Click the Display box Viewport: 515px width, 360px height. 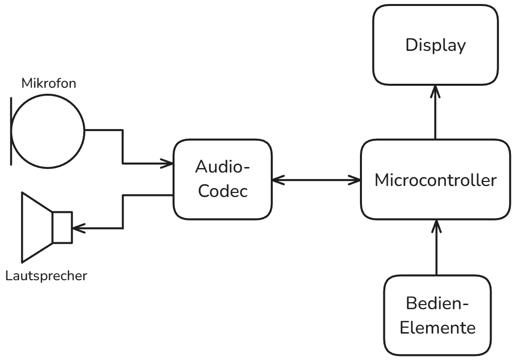435,45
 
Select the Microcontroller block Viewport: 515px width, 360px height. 435,180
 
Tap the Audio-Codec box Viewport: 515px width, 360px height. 222,180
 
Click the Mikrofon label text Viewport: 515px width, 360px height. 49,84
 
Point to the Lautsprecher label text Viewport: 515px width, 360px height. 46,275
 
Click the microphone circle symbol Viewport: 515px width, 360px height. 48,130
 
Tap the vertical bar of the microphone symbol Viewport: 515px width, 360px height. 11,130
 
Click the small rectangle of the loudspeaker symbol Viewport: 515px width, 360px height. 62,227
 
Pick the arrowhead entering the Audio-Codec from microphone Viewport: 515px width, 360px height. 168,163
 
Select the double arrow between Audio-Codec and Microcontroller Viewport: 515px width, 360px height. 316,179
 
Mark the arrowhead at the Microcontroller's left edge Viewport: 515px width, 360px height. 356,179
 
